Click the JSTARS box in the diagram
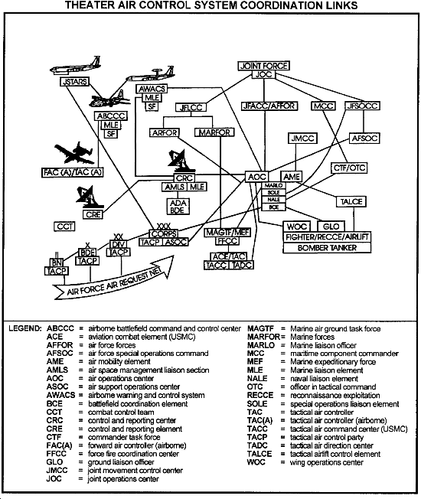coord(73,80)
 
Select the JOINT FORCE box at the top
coord(263,67)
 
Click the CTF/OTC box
coord(349,168)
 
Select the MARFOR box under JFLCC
coord(214,132)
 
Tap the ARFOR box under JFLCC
coord(165,132)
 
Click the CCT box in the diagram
coord(64,227)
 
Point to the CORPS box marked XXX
coord(162,233)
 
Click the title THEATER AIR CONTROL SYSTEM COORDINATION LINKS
coord(210,6)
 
